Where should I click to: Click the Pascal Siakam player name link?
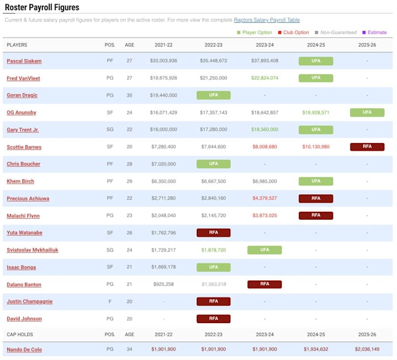[24, 61]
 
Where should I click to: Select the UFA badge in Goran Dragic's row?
[213, 95]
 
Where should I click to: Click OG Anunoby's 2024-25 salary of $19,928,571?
[316, 112]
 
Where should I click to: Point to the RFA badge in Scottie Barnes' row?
[367, 146]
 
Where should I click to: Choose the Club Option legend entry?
[293, 32]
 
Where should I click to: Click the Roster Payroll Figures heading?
[42, 7]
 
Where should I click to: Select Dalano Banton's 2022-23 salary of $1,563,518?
[213, 284]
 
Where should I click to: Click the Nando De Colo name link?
[24, 349]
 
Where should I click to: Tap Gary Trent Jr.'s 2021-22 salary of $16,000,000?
[163, 129]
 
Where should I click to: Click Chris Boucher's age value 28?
[129, 164]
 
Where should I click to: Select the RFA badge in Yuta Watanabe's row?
[213, 233]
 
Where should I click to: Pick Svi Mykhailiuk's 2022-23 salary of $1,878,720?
[213, 250]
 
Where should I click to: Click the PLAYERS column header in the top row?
[17, 45]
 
